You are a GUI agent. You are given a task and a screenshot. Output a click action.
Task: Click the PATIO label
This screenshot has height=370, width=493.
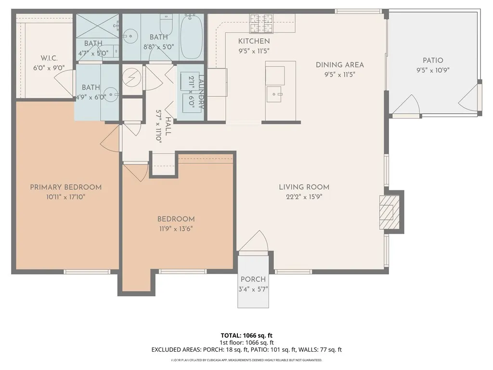tap(433, 61)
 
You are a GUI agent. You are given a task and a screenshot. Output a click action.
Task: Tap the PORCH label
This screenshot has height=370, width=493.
tap(253, 279)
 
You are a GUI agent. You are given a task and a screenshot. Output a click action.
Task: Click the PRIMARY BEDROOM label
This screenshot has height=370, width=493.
tap(65, 187)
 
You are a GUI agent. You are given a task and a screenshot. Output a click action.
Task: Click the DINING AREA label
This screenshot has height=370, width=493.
tap(339, 65)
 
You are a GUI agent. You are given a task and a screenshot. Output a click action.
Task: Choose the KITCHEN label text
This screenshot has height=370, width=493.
tap(254, 41)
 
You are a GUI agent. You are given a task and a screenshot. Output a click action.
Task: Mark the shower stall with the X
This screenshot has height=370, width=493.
tap(96, 23)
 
